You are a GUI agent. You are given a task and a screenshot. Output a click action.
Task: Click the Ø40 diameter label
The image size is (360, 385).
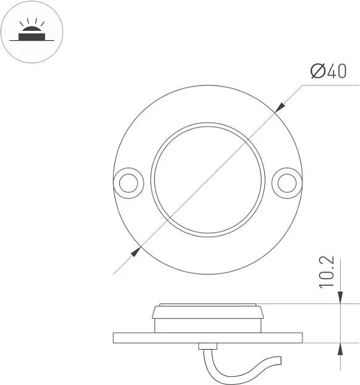click(328, 71)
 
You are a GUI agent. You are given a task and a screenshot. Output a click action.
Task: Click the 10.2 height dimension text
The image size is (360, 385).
click(327, 272)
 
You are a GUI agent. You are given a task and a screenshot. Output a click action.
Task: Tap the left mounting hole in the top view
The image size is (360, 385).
click(129, 183)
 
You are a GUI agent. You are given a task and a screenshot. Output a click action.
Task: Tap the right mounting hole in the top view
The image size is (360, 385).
click(287, 183)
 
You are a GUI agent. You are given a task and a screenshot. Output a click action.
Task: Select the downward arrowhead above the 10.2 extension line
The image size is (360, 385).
click(340, 297)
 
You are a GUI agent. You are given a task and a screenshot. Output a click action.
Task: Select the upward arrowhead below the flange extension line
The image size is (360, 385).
click(340, 349)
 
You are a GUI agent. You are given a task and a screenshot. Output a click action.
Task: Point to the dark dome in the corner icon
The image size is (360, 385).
click(32, 28)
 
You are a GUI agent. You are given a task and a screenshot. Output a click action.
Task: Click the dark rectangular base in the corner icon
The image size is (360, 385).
click(32, 37)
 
